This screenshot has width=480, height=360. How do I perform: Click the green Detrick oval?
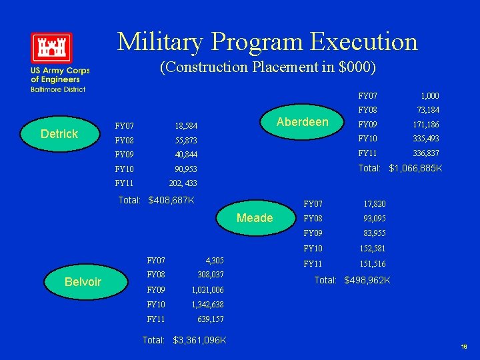[x=59, y=134]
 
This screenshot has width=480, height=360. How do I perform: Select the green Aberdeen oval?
[x=302, y=121]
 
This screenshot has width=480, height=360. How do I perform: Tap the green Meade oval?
[x=255, y=218]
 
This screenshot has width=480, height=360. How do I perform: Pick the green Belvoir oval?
[x=83, y=281]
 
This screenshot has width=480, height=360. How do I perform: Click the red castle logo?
[x=51, y=48]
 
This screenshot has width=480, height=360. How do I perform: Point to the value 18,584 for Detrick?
[x=186, y=126]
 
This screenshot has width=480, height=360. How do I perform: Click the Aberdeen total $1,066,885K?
[x=415, y=168]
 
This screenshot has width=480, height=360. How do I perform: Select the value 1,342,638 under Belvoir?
[x=207, y=305]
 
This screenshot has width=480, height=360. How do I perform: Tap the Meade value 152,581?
[x=373, y=249]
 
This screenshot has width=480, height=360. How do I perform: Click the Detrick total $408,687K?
[x=171, y=200]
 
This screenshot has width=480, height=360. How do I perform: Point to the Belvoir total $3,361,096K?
[x=199, y=341]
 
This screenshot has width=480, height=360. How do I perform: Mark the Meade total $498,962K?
[x=367, y=281]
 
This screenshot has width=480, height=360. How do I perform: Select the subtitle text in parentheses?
[x=268, y=67]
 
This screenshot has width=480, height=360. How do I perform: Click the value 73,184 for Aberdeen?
[x=428, y=110]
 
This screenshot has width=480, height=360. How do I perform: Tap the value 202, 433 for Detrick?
[x=183, y=183]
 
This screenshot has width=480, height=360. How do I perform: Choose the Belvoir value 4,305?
[x=215, y=261]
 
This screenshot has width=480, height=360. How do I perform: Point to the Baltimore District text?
[x=57, y=89]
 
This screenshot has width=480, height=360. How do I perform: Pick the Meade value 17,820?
[x=374, y=204]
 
